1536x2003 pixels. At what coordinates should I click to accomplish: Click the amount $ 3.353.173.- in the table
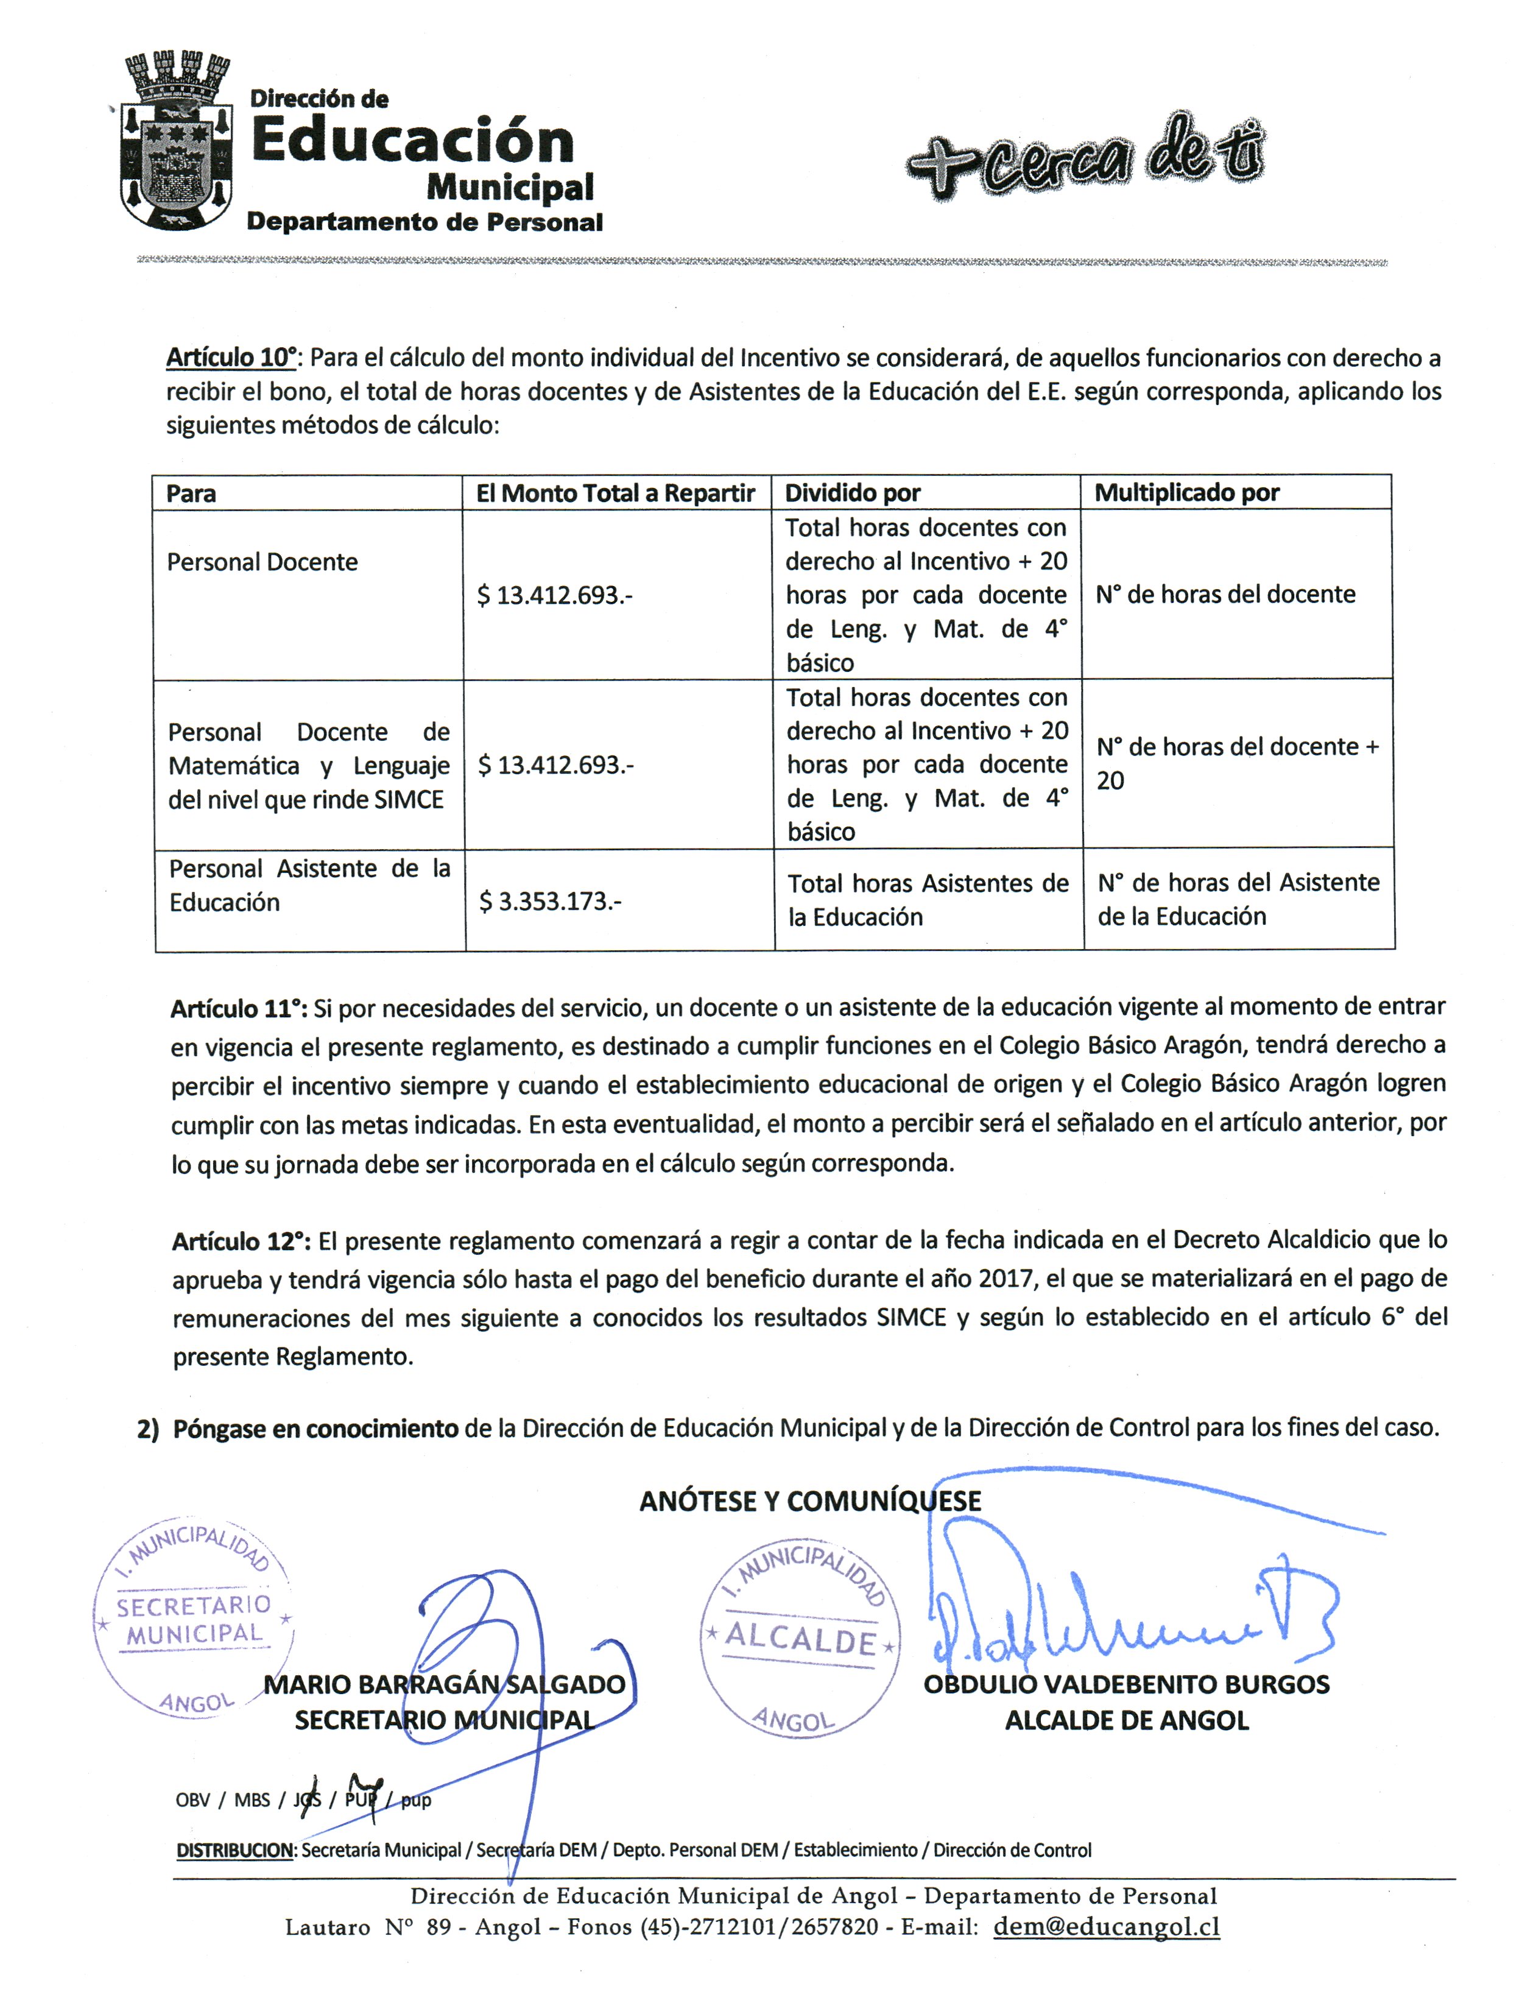pos(551,902)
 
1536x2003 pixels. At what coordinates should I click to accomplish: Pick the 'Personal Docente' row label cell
pos(262,562)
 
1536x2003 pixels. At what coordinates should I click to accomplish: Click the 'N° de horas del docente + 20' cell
pos(1237,763)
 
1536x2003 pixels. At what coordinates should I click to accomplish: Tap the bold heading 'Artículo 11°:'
pos(239,1009)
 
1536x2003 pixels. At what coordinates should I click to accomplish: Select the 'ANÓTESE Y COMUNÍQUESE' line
pos(810,1501)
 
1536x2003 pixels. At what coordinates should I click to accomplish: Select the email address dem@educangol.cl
pos(1106,1926)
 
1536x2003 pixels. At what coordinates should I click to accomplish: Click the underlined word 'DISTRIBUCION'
pos(234,1850)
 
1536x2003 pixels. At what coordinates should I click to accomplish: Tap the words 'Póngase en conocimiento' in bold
pos(315,1429)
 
